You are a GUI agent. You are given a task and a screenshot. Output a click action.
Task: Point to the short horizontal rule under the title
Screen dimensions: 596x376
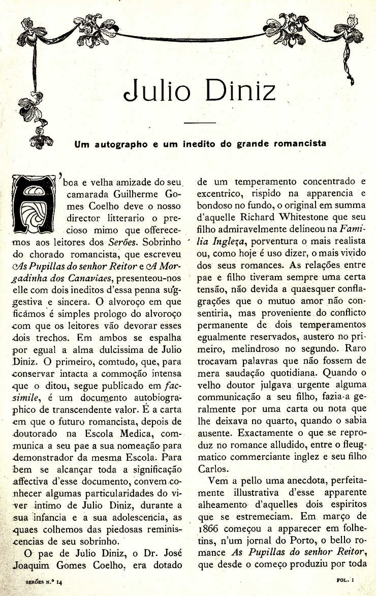click(x=200, y=123)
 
